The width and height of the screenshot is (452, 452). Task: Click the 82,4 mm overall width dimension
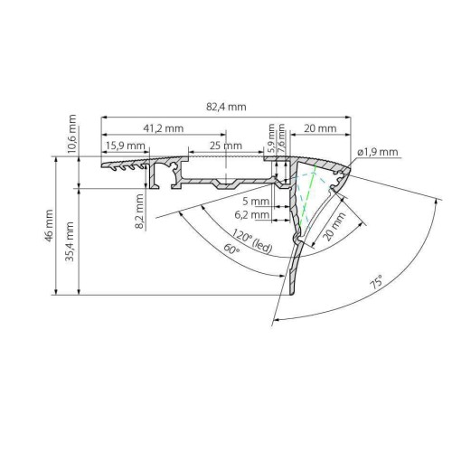tap(225, 108)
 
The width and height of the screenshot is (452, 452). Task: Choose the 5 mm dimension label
tap(256, 201)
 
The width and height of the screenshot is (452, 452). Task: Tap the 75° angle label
tap(375, 283)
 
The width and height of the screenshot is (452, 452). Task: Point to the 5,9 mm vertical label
tap(272, 140)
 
